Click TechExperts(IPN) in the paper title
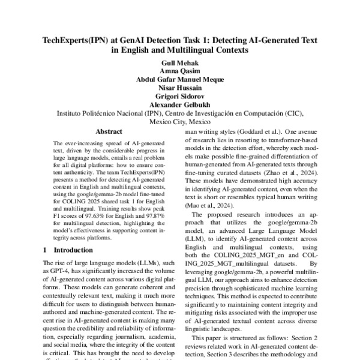(x=76, y=40)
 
